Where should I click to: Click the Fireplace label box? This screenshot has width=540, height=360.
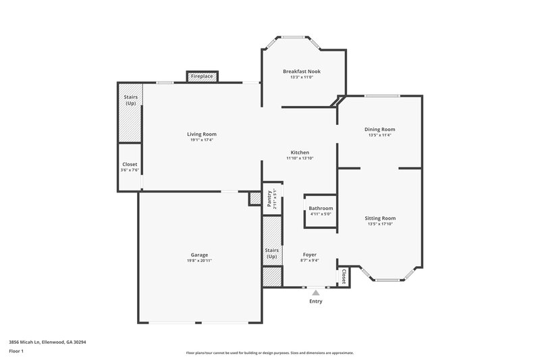[202, 77]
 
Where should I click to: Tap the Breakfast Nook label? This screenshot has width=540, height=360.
[301, 71]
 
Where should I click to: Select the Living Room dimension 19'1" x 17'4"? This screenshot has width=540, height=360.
[202, 140]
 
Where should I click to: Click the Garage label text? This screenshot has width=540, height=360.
[198, 255]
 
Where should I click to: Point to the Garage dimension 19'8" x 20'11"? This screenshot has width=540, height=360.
[198, 261]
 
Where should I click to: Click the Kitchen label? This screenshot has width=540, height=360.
[300, 152]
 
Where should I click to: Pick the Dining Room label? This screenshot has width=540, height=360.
[380, 129]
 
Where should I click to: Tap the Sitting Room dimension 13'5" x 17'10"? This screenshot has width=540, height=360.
[380, 224]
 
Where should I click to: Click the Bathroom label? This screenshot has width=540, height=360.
[321, 208]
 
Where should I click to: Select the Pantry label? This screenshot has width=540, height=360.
[269, 199]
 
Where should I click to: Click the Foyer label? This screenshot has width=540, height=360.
[310, 255]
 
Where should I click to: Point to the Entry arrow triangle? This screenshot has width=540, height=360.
[315, 292]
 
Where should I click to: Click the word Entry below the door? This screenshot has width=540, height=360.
[315, 301]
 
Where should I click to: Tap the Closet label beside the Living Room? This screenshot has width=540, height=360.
[130, 165]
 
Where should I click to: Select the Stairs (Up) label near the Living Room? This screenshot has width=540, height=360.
[130, 100]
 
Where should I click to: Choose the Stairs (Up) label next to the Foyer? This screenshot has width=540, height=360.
[271, 254]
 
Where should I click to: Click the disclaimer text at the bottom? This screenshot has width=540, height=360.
[269, 353]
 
